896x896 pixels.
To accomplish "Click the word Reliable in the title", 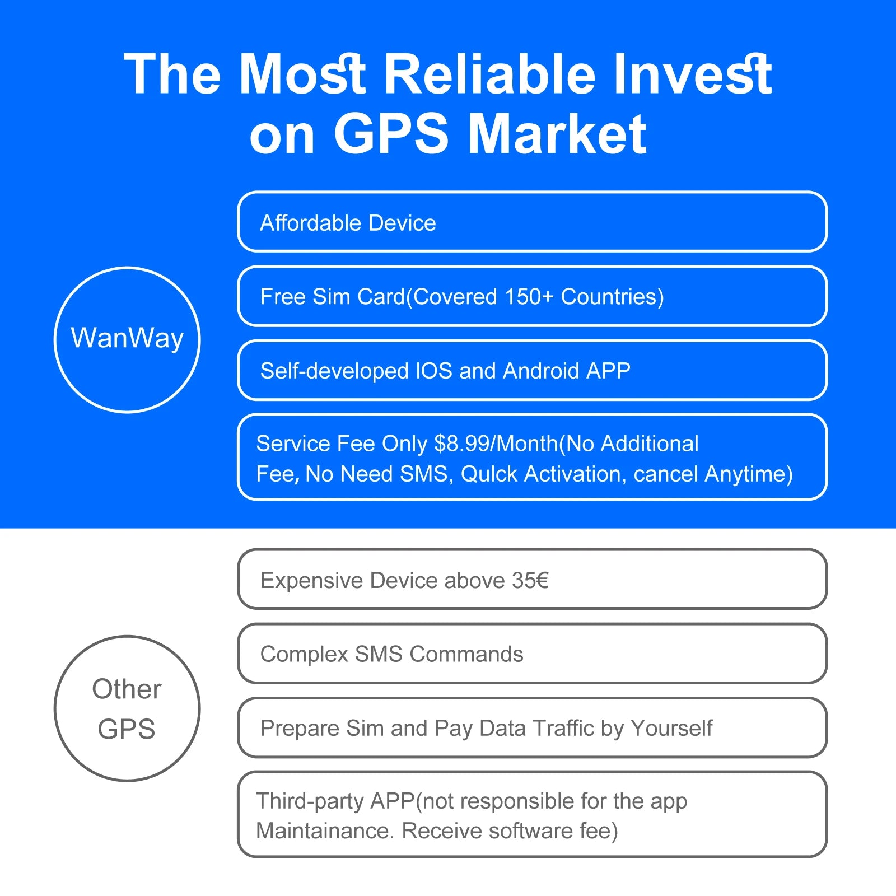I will coord(491,74).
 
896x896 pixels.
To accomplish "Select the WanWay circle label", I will coord(127,339).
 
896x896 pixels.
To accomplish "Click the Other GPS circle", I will coord(127,708).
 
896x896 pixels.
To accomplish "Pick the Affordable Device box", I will coord(532,222).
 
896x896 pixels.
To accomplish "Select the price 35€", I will coord(530,581).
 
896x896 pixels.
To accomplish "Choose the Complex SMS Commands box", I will coord(532,654).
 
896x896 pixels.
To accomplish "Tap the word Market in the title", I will coord(557,134).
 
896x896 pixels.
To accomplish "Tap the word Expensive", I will coord(312,581).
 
